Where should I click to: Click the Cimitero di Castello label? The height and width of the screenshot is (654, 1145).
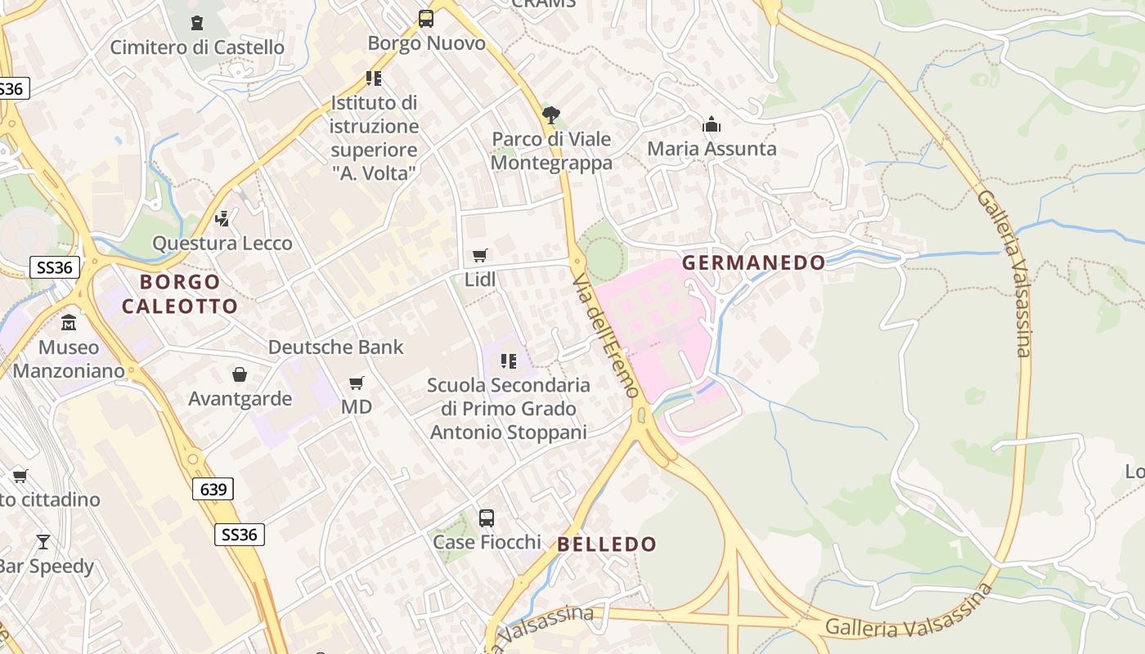[197, 47]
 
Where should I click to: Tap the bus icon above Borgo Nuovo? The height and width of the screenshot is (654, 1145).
[426, 18]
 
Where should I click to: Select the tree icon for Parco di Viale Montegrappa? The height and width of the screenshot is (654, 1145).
[551, 115]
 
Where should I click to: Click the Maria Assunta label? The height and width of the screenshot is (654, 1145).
[712, 149]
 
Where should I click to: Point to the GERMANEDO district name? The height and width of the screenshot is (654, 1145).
[753, 262]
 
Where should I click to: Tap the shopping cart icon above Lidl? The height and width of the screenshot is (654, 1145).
[480, 256]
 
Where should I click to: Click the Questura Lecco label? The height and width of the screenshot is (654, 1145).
[222, 244]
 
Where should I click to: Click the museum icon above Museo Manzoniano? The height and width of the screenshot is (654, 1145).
[69, 322]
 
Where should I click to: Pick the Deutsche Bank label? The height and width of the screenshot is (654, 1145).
[336, 347]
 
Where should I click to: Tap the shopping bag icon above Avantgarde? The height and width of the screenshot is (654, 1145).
[240, 374]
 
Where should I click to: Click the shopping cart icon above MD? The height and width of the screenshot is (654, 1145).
[357, 383]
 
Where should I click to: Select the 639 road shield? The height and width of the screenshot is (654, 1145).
[213, 490]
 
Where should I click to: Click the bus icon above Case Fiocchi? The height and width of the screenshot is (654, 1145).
[487, 517]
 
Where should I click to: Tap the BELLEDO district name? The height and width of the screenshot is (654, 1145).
[607, 544]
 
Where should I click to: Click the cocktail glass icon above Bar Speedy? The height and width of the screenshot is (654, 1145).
[43, 541]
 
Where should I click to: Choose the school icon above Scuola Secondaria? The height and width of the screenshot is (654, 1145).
[509, 361]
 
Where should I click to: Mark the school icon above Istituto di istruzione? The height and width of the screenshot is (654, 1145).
[374, 78]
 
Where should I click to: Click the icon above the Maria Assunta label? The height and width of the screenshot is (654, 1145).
[712, 125]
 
